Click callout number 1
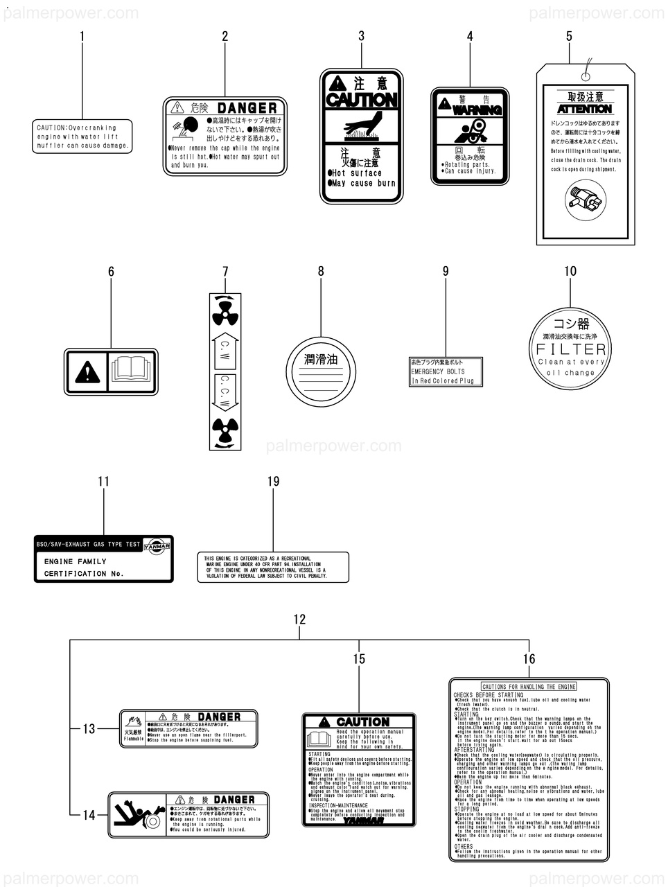pyautogui.click(x=82, y=36)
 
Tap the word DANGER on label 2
pyautogui.click(x=247, y=108)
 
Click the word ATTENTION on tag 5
pyautogui.click(x=585, y=109)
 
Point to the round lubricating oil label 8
pyautogui.click(x=321, y=371)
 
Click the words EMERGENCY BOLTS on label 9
pyautogui.click(x=438, y=371)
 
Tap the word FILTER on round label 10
pyautogui.click(x=571, y=348)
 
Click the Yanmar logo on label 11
pyautogui.click(x=159, y=545)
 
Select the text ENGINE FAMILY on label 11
pyautogui.click(x=75, y=561)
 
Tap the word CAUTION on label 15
pyautogui.click(x=362, y=721)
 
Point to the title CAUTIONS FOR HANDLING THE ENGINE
pyautogui.click(x=529, y=686)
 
